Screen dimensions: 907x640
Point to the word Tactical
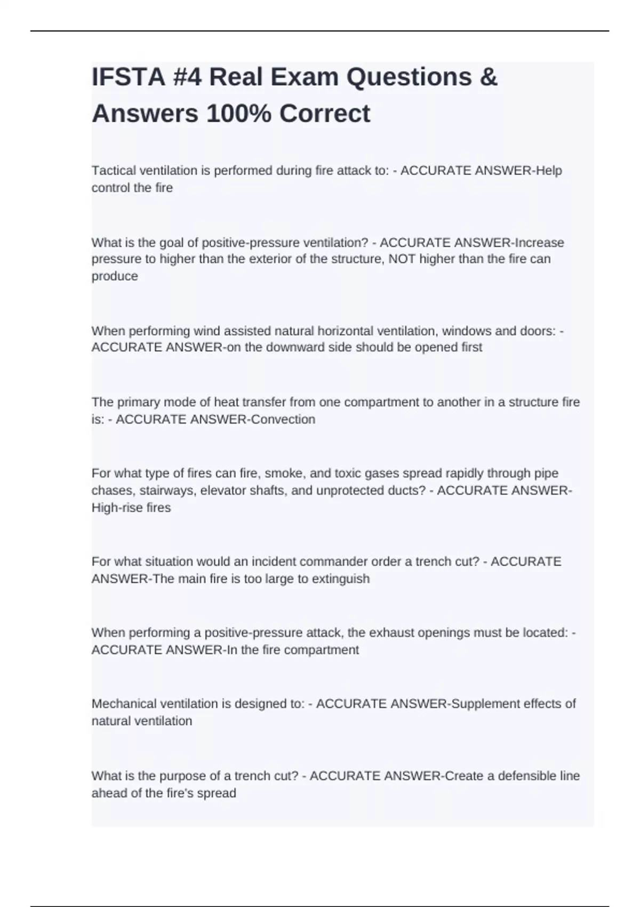point(114,171)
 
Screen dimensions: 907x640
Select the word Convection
point(283,419)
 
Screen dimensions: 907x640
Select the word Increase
point(540,243)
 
